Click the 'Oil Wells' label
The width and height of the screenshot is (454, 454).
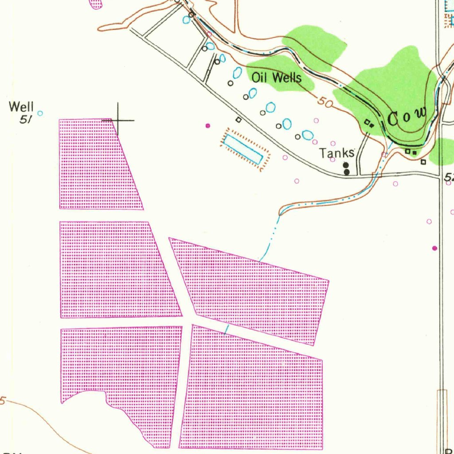coord(277,78)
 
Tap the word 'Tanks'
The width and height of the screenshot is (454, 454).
coord(337,153)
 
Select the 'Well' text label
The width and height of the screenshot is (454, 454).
coord(21,107)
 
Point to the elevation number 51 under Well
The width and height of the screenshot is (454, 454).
coord(26,119)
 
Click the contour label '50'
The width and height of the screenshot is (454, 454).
coord(325,103)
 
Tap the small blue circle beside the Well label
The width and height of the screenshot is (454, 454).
coord(40,113)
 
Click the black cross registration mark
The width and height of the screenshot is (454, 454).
coord(118,120)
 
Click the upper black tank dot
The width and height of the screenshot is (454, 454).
coord(346,165)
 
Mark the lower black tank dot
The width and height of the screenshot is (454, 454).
coord(346,172)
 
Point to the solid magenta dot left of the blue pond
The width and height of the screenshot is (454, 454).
coord(207,126)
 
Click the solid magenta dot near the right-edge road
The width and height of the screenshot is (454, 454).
coord(434,248)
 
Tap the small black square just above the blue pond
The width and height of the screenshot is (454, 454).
coord(239,119)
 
